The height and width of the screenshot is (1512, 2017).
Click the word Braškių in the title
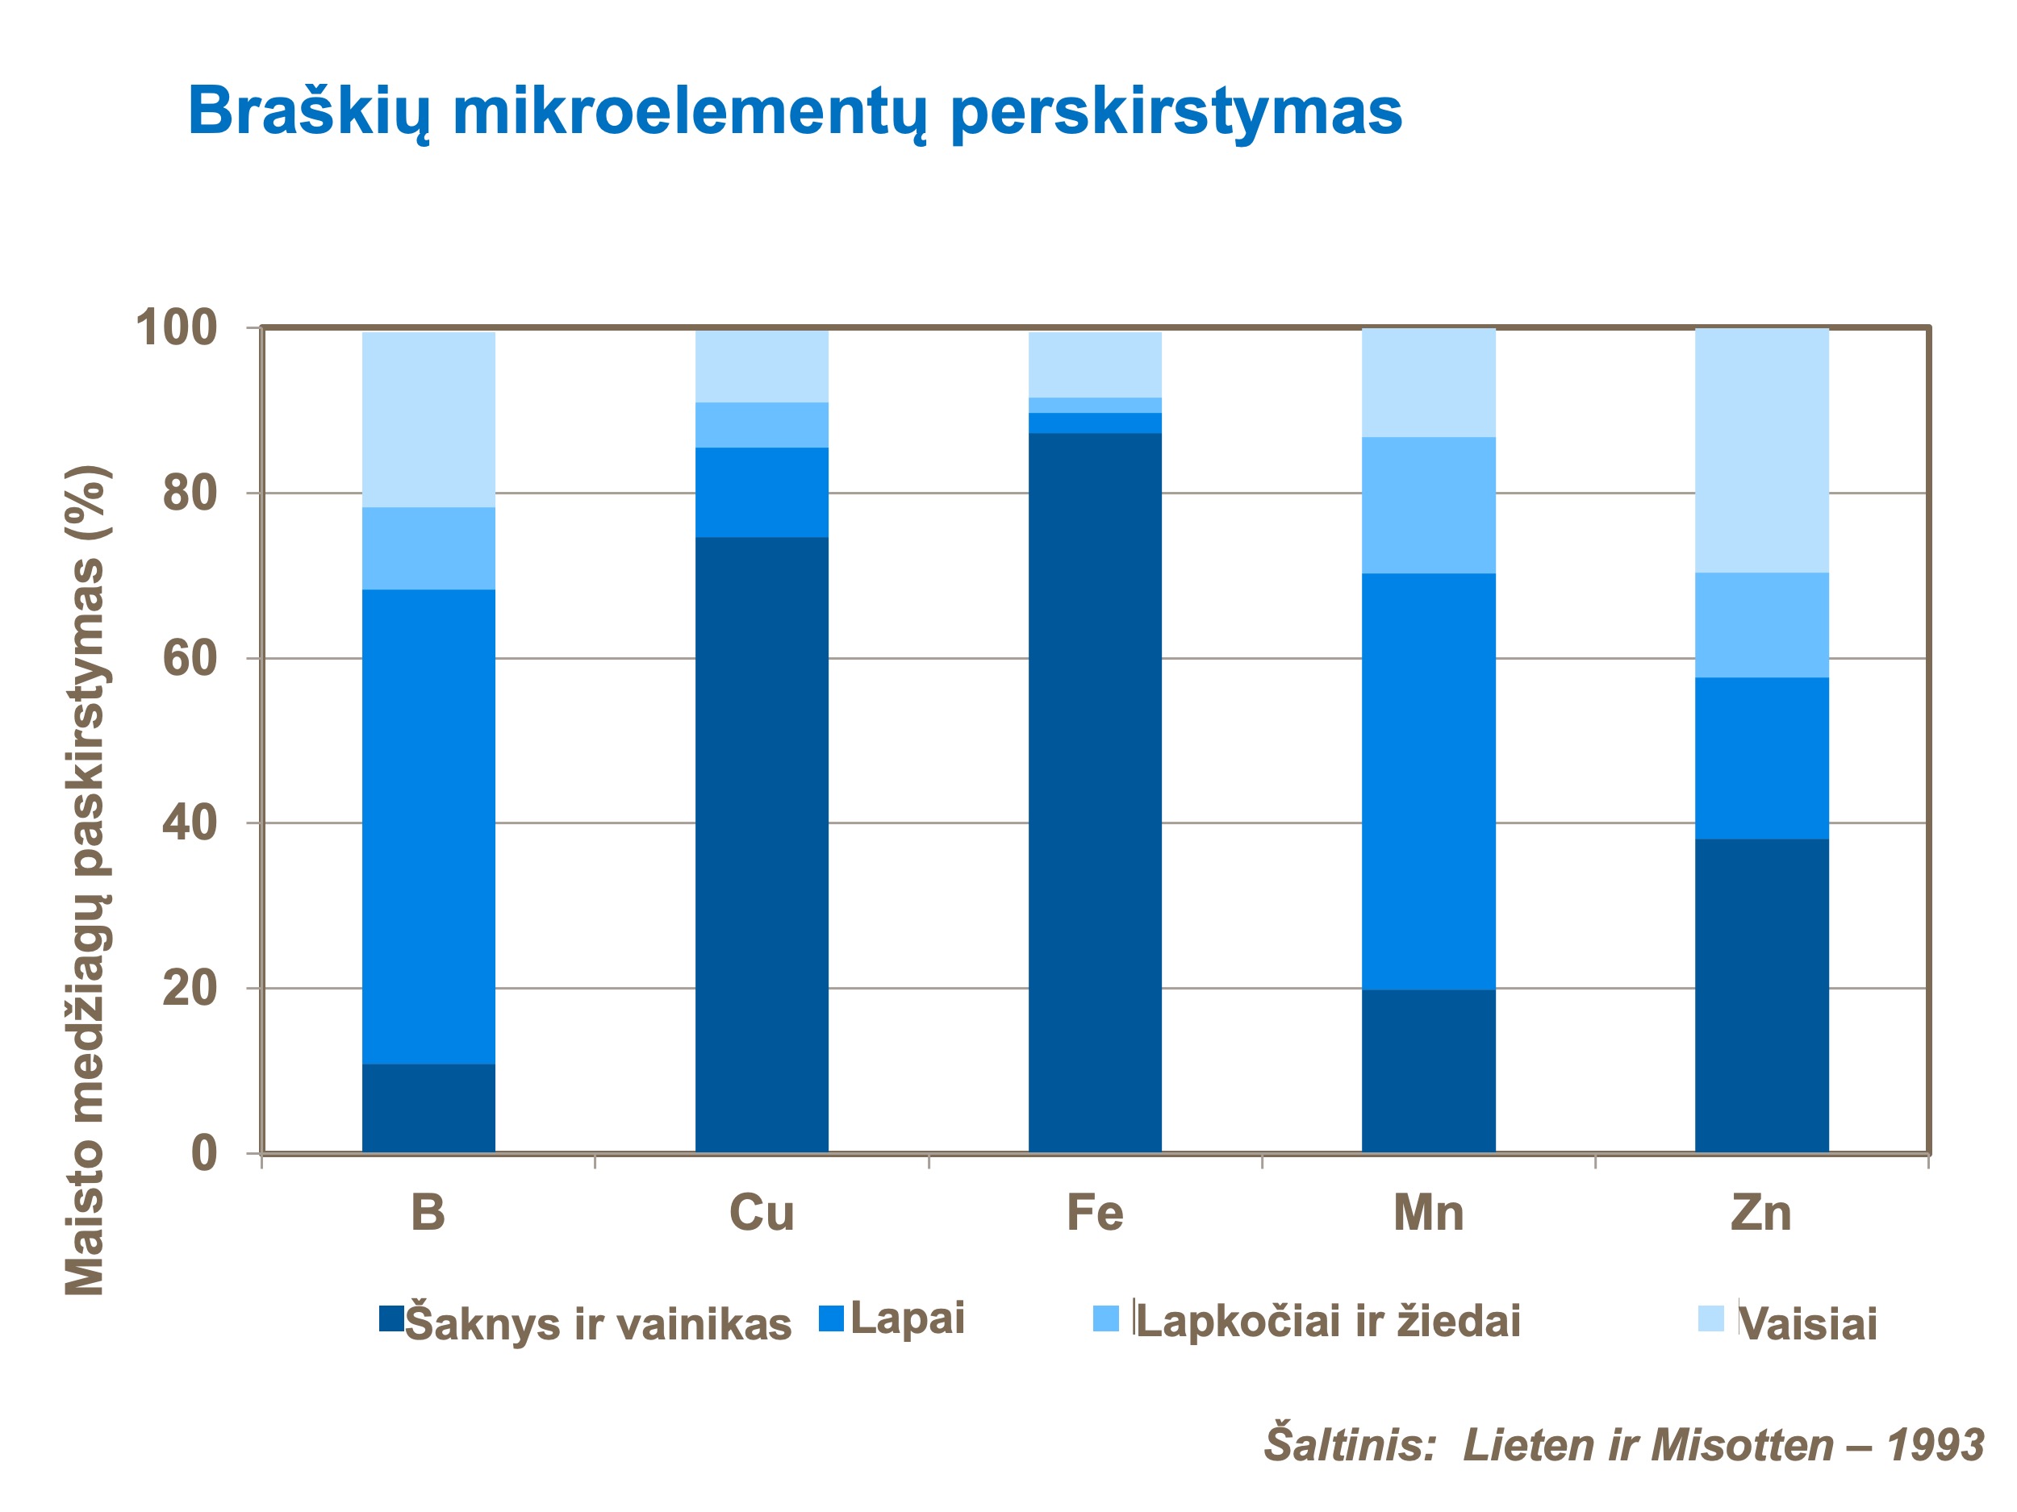tap(308, 111)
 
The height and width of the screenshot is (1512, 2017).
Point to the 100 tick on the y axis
tap(177, 328)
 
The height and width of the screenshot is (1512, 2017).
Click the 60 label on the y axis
tap(190, 658)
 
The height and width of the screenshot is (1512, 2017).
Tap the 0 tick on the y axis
tap(203, 1154)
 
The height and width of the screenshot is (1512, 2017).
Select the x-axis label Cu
tap(762, 1214)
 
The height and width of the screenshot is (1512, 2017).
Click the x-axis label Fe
tap(1094, 1214)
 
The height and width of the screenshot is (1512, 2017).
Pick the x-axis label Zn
tap(1760, 1214)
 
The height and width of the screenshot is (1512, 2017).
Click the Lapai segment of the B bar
tap(428, 827)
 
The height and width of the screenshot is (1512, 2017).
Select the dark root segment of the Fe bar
tap(1094, 793)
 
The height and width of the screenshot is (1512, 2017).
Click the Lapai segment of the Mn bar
tap(1428, 781)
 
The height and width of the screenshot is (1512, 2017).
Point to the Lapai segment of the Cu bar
tap(762, 492)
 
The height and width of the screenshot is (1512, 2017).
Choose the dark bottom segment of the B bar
tap(428, 1108)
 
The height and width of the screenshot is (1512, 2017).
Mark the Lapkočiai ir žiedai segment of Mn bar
tap(1428, 505)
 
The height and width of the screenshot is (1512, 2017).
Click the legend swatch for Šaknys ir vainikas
tap(391, 1318)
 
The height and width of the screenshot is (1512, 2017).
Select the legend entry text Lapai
tap(908, 1318)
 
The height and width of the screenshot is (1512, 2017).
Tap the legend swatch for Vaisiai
tap(1710, 1318)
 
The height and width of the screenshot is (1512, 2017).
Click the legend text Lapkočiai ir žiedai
tap(1328, 1322)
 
